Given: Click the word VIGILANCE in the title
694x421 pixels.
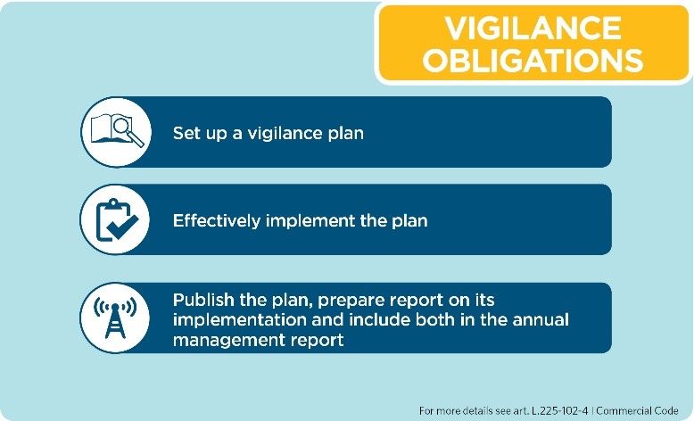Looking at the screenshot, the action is point(533,29).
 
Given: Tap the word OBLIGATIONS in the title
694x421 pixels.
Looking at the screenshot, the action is point(533,60).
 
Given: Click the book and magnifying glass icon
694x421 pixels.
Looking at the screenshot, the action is point(117,130).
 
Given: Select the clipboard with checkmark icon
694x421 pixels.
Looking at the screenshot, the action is point(117,220).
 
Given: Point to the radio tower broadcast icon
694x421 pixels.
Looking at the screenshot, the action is point(115,317).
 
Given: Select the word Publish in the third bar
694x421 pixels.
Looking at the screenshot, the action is point(203,300).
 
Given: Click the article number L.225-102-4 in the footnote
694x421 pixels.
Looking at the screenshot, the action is point(559,411).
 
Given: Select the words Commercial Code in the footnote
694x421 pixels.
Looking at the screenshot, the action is point(637,411).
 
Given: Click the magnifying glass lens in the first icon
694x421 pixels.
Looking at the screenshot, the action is point(120,125).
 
